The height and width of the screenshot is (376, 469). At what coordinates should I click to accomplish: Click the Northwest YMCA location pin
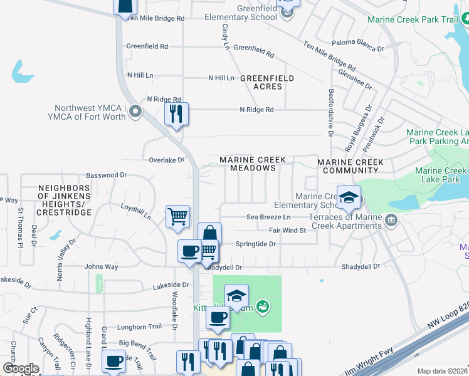click(x=134, y=112)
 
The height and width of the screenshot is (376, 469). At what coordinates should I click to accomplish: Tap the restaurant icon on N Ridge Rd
click(x=176, y=114)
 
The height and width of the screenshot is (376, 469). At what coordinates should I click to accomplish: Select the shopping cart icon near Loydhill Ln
click(x=178, y=217)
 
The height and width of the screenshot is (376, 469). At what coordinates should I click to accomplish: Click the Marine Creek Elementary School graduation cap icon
click(x=349, y=197)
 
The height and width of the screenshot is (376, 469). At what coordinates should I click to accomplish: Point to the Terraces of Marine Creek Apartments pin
click(x=392, y=220)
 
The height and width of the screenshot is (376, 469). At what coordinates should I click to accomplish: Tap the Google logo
click(x=21, y=368)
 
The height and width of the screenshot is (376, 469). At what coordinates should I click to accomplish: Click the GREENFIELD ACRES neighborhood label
click(x=267, y=82)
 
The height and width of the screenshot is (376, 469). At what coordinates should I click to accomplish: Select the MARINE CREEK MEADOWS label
click(x=253, y=164)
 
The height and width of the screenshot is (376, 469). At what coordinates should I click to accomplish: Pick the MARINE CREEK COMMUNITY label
click(x=350, y=167)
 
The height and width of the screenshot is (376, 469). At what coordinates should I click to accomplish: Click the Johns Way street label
click(x=101, y=267)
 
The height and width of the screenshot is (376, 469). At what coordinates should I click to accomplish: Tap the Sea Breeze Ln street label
click(x=268, y=217)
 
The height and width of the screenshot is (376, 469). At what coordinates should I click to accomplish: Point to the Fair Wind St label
click(x=287, y=231)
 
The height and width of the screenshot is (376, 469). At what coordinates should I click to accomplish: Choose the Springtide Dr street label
click(x=256, y=244)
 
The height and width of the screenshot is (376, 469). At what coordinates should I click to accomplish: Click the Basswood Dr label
click(x=107, y=175)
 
